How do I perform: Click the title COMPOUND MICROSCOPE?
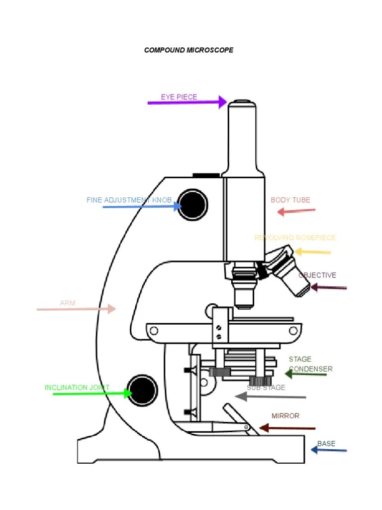pos(189,50)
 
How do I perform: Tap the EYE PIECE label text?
pos(179,97)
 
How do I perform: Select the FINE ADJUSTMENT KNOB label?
pos(129,200)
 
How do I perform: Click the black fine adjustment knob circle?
pos(192,205)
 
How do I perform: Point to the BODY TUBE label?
pos(290,200)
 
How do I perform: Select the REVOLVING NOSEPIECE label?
pos(295,238)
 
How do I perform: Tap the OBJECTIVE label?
pos(317,275)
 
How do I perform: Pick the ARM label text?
pos(67,303)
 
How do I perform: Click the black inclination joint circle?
pos(142,389)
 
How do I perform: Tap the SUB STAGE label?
pos(266,387)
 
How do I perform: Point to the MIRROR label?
pos(285,416)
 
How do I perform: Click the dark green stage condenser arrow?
pos(305,374)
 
